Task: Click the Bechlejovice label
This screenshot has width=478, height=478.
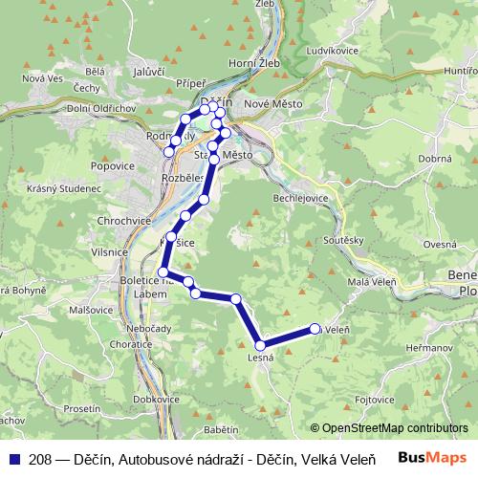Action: tap(302, 196)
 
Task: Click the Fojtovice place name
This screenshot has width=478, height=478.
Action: tap(376, 399)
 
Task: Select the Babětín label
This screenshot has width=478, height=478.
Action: tap(222, 430)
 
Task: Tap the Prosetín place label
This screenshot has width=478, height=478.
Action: tap(82, 408)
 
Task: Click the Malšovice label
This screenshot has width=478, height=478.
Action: tap(80, 311)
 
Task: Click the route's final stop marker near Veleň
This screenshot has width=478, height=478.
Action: tap(315, 330)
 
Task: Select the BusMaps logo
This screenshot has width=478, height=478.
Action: tap(434, 458)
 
